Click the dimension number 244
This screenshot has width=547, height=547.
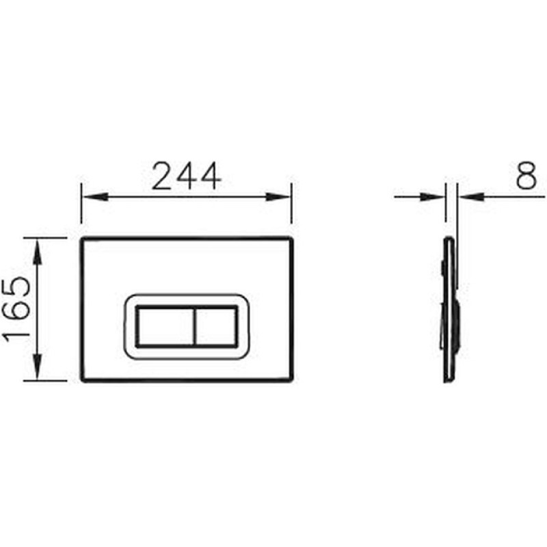tap(187, 176)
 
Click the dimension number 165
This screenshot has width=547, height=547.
tap(16, 309)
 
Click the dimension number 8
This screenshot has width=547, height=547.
tap(526, 175)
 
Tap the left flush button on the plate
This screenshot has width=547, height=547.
tap(165, 327)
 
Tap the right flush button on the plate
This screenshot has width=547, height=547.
tap(216, 327)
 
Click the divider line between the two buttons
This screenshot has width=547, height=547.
tap(194, 327)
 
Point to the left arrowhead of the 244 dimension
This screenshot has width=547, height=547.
tap(95, 197)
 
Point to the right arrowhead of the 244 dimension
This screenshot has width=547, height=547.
tap(278, 197)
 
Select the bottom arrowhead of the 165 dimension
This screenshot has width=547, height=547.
tap(38, 366)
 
